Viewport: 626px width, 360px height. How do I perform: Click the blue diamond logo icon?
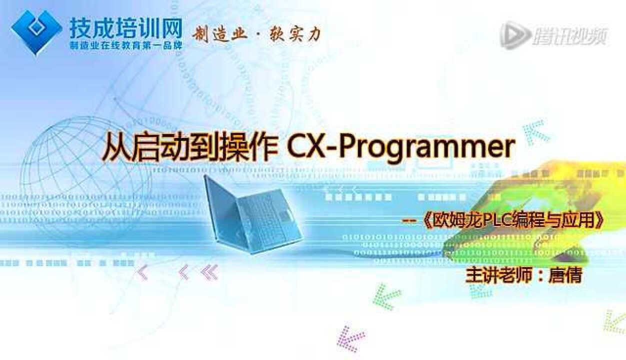pos(36,30)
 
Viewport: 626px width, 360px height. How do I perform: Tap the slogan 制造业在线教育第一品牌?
pos(125,45)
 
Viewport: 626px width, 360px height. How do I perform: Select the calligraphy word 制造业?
pos(220,34)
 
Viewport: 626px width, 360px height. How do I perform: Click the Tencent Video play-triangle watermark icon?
pos(515,35)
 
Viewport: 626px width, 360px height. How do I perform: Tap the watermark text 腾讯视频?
pos(569,36)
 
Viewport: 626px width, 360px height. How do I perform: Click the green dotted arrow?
pos(387,295)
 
